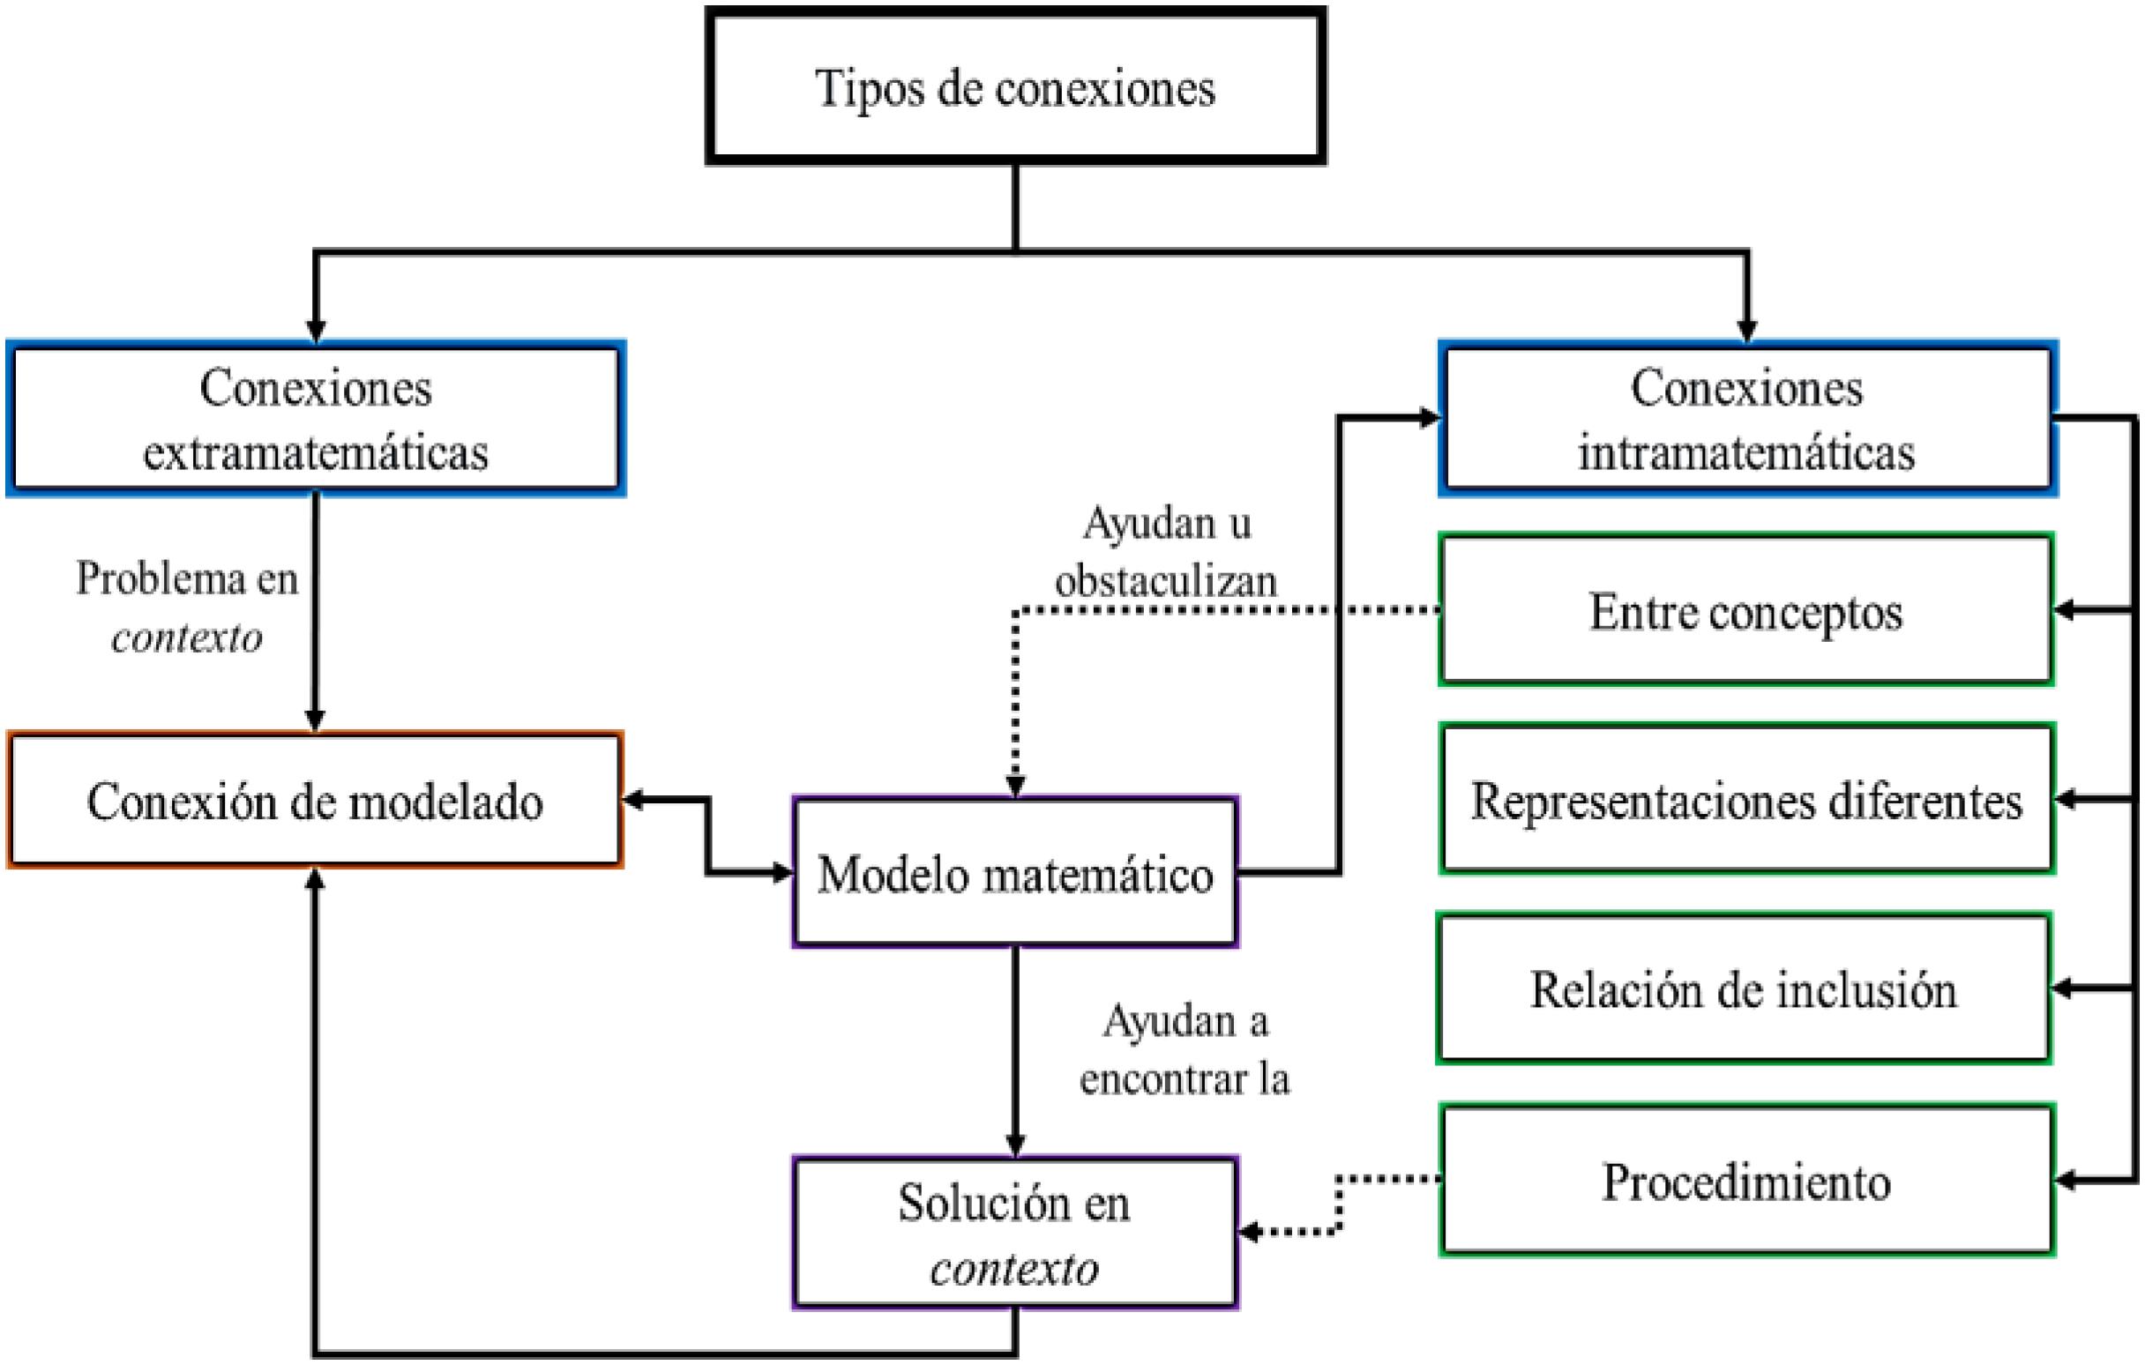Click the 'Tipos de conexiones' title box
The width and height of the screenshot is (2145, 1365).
pos(1015,86)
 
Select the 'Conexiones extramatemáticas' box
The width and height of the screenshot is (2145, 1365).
pos(316,419)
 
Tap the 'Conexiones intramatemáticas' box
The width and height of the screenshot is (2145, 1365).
pos(1746,419)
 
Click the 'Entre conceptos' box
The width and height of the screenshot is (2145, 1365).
pos(1746,611)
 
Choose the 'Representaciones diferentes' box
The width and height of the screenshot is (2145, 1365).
pos(1746,800)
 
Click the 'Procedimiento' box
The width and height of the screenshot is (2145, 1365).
pos(1746,1181)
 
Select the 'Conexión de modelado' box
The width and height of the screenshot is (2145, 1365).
pos(316,801)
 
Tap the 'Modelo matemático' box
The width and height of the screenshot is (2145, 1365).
pos(1015,873)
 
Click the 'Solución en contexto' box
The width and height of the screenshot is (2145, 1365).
pos(1015,1234)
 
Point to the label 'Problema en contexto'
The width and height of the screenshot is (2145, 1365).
pos(186,608)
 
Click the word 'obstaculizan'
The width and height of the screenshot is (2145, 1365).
pos(1165,581)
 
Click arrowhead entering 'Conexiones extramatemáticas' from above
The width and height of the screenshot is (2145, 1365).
pos(316,331)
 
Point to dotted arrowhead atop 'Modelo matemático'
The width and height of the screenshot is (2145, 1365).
pos(1015,786)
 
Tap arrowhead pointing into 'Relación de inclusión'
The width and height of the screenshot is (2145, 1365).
pos(2065,988)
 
